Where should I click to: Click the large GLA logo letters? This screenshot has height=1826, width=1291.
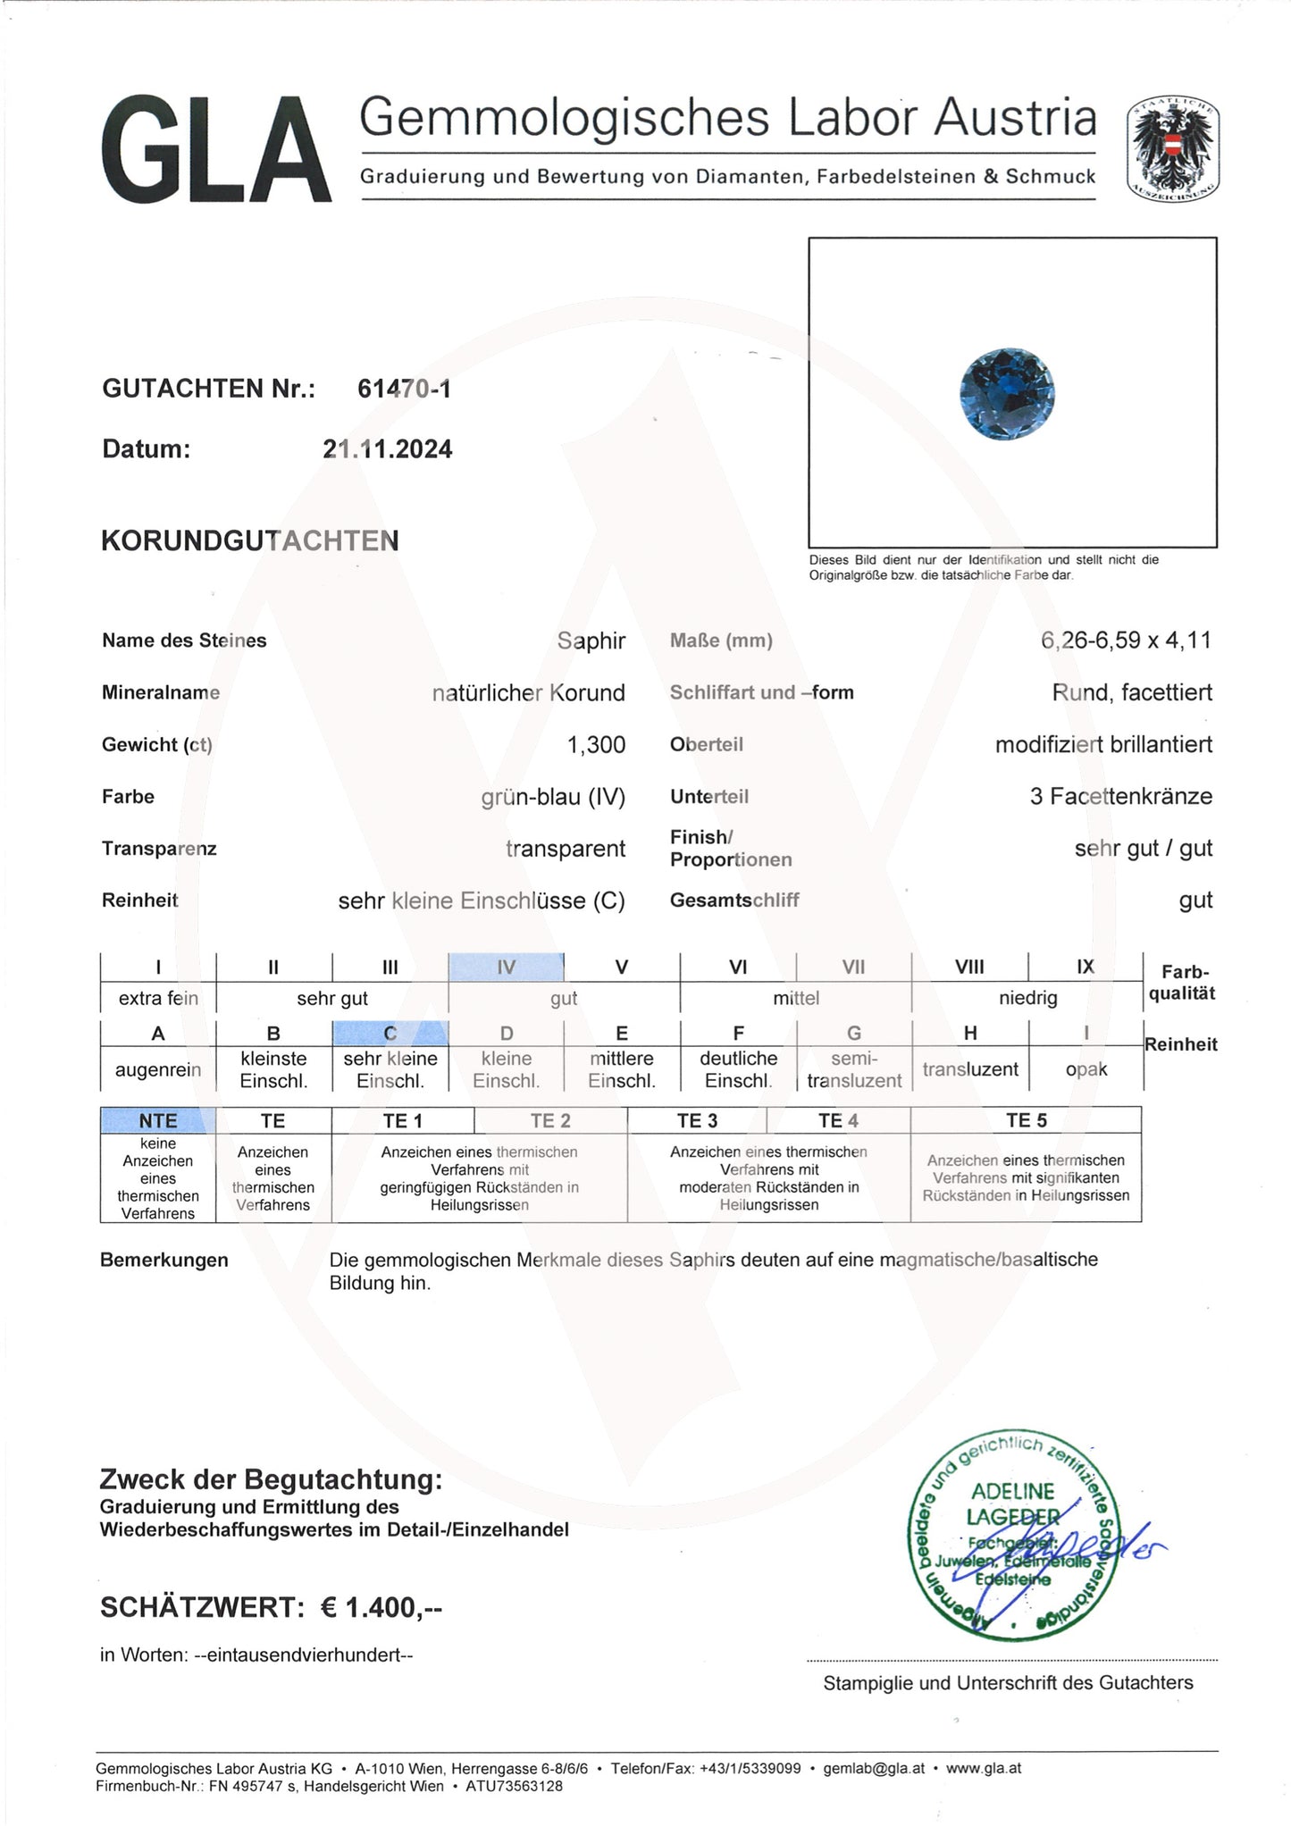click(x=215, y=150)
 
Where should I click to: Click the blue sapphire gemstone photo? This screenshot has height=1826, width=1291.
click(x=1007, y=393)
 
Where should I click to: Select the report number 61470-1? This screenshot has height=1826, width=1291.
click(x=404, y=389)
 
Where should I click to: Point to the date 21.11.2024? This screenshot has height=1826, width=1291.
click(x=387, y=448)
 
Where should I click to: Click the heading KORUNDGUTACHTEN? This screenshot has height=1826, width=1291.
click(x=250, y=540)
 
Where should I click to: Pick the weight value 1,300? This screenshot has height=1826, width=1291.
click(x=596, y=744)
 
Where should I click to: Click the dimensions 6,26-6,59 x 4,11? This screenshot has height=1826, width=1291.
click(x=1126, y=640)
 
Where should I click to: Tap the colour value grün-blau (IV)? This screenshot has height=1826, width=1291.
click(x=553, y=796)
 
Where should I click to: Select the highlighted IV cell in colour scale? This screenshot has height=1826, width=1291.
click(x=506, y=967)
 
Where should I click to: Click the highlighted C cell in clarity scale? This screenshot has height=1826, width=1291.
click(x=390, y=1033)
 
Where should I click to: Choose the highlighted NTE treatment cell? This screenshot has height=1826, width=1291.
click(x=158, y=1120)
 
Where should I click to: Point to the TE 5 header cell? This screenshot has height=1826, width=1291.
click(x=1026, y=1120)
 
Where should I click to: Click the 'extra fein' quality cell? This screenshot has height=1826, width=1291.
click(x=158, y=998)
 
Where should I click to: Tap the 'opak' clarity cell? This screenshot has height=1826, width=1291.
click(x=1086, y=1069)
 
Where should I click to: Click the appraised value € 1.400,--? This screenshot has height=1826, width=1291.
click(x=381, y=1607)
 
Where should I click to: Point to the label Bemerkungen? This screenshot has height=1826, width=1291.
click(x=164, y=1260)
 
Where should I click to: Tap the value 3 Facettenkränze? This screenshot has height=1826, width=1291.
click(x=1120, y=796)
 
